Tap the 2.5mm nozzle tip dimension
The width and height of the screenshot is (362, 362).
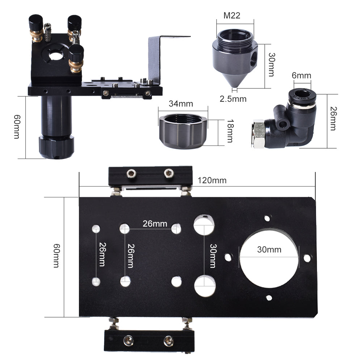(233, 99)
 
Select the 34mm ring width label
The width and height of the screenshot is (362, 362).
(181, 104)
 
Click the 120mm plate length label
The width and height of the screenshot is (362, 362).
(212, 180)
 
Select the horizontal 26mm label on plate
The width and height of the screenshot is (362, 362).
(155, 223)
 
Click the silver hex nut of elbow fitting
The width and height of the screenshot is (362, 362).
(258, 134)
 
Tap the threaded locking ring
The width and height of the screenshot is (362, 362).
(182, 130)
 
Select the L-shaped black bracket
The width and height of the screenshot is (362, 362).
(159, 58)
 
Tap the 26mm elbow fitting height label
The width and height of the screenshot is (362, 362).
(333, 121)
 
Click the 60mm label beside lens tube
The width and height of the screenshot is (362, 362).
(16, 127)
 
